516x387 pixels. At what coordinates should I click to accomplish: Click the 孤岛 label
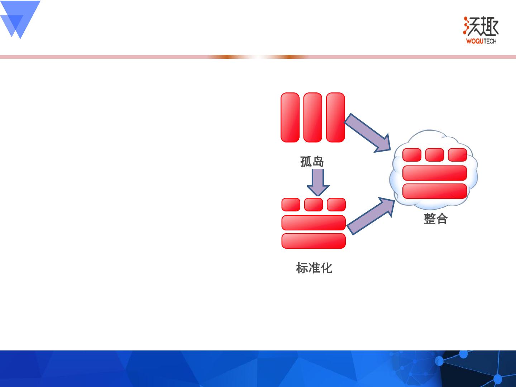click(x=312, y=162)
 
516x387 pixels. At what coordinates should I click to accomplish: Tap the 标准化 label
click(x=314, y=268)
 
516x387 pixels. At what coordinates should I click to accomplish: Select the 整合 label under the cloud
click(x=435, y=219)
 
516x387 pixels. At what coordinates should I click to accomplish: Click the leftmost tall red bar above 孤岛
click(x=290, y=118)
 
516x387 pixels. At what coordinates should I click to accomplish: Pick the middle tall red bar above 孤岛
click(x=313, y=118)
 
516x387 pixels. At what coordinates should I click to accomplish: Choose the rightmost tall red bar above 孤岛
click(x=335, y=118)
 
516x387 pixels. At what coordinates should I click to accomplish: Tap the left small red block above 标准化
click(x=291, y=205)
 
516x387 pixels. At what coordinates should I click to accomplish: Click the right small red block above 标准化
click(x=336, y=205)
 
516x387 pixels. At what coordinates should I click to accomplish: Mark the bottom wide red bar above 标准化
click(x=314, y=241)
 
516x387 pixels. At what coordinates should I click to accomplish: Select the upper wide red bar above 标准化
click(x=314, y=223)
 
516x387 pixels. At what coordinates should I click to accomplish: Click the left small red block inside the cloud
click(x=412, y=155)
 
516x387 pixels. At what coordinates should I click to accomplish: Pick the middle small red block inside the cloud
click(x=435, y=155)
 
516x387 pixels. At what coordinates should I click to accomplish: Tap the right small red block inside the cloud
click(x=457, y=155)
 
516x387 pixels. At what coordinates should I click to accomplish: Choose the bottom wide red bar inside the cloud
click(x=435, y=191)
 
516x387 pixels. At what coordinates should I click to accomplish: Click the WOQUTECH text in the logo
click(x=481, y=41)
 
